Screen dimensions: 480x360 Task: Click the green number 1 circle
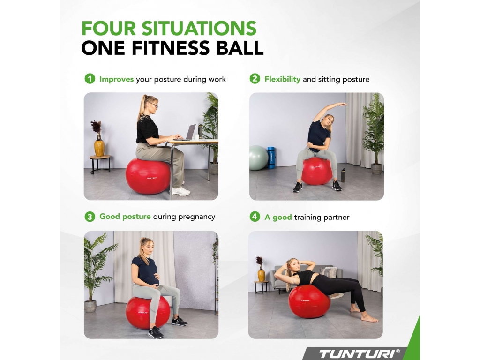click(90, 79)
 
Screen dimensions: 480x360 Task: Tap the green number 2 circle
click(255, 79)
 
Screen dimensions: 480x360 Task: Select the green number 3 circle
click(90, 217)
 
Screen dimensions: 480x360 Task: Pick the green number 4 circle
click(255, 217)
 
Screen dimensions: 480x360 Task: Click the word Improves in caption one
click(117, 79)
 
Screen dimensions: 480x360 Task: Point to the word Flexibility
click(283, 79)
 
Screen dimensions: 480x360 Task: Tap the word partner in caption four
click(336, 217)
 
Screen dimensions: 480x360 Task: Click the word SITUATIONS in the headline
click(199, 29)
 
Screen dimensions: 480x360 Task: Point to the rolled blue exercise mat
click(271, 157)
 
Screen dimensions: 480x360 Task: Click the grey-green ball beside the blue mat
click(258, 158)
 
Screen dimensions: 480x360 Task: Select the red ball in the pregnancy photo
click(148, 312)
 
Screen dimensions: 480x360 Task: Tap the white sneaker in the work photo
click(180, 191)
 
